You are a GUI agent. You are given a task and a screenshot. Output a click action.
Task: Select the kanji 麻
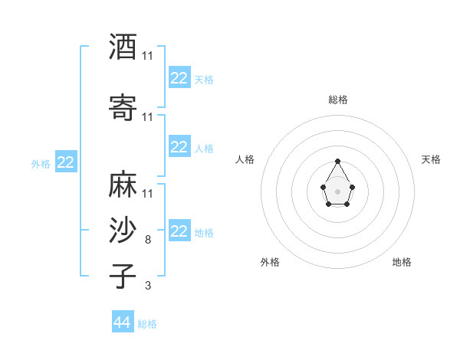tap(123, 184)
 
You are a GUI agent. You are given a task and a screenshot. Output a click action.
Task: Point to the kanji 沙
tap(123, 231)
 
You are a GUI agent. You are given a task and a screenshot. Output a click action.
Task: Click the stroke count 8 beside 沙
tap(147, 240)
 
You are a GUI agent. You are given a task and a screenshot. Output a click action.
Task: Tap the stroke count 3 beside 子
tap(147, 286)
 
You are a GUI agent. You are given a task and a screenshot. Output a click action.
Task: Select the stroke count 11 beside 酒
tap(147, 56)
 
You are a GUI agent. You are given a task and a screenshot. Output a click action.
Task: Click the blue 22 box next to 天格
tap(179, 78)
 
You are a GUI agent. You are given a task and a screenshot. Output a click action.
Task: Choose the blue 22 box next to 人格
tap(179, 147)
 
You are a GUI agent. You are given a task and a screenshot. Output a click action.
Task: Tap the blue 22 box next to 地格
tap(179, 231)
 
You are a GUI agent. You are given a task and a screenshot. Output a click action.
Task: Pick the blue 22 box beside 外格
tap(65, 162)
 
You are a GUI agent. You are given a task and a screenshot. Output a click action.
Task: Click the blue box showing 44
tap(122, 322)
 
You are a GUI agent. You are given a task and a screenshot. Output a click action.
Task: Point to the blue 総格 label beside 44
tap(147, 324)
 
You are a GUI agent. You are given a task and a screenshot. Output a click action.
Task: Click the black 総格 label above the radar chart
tap(337, 100)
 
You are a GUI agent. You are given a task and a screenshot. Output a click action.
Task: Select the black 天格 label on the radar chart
tap(431, 159)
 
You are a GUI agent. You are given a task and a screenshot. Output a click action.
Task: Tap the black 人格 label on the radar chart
tap(245, 159)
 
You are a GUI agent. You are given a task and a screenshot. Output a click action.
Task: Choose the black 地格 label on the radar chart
tap(402, 262)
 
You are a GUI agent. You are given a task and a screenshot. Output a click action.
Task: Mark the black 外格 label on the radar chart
tap(270, 262)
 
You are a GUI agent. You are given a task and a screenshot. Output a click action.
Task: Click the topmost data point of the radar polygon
tap(337, 161)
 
